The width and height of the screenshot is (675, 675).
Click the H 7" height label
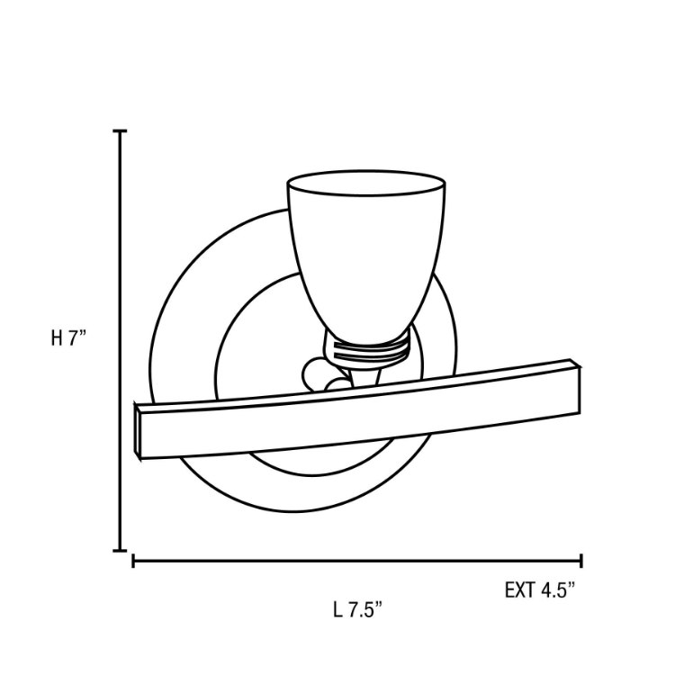click(x=67, y=339)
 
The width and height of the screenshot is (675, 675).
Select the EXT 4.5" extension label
click(x=540, y=590)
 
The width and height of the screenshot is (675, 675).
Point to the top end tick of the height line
click(x=119, y=131)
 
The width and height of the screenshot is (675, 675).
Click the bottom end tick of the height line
click(x=119, y=550)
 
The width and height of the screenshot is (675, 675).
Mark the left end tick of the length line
click(x=133, y=562)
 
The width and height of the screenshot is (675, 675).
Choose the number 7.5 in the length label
click(x=366, y=610)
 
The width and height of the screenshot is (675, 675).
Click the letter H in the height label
click(x=57, y=339)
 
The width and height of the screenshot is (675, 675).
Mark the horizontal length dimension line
click(x=360, y=562)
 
